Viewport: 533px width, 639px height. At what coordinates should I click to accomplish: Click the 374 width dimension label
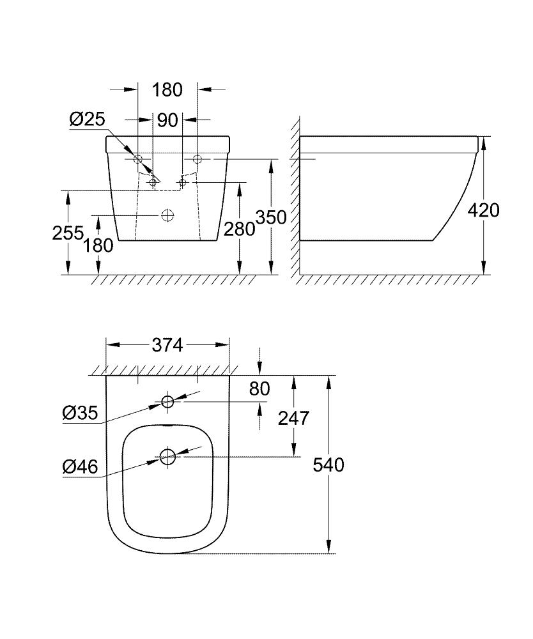pos(167,345)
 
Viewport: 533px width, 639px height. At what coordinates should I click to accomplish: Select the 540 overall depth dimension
pos(328,465)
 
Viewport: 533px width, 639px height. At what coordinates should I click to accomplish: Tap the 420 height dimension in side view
pos(484,210)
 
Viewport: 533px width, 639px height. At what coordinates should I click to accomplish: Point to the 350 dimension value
pos(271,217)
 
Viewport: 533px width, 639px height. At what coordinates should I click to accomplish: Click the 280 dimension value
pos(240,229)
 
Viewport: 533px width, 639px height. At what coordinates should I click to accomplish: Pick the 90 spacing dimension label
pos(167,120)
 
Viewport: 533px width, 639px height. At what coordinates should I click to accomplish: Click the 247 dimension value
pos(293,418)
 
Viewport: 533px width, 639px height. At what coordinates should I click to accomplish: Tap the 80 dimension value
pos(260,388)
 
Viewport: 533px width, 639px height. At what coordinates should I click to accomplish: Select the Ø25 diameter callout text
pos(88,119)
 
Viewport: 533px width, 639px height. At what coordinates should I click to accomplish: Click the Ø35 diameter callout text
pos(80,413)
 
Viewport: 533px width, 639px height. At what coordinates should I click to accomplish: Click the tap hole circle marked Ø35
pos(167,402)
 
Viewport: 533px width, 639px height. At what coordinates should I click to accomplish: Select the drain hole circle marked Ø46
pos(167,456)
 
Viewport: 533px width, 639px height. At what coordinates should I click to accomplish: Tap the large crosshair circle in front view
pos(167,215)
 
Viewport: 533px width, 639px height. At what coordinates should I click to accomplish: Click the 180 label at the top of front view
pos(167,90)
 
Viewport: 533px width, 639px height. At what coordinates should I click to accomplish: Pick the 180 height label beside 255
pos(98,245)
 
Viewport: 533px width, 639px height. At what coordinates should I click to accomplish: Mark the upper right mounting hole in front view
pos(197,158)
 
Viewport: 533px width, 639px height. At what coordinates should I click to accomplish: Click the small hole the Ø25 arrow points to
pos(153,183)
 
